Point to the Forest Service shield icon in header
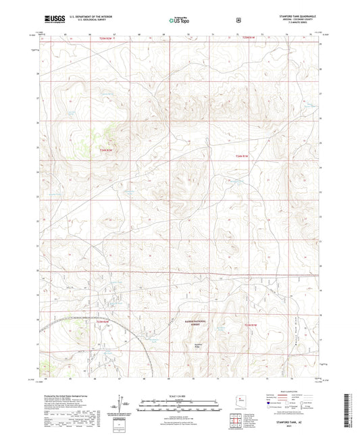tap(238, 20)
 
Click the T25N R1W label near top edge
tap(249, 38)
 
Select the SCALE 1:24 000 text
tap(179, 396)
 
